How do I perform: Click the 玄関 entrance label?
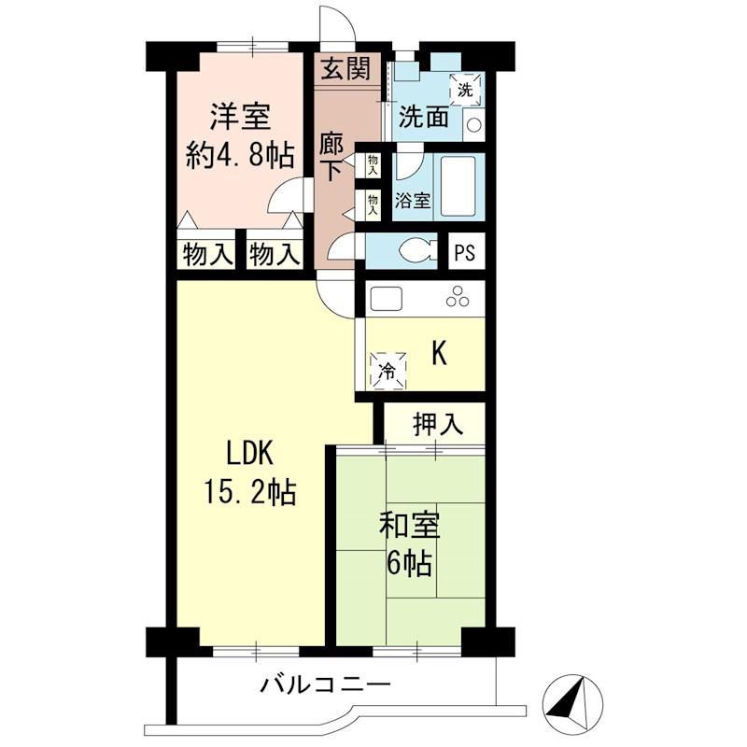click(345, 68)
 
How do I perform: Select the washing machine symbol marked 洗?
click(464, 89)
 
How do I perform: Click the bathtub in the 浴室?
click(458, 186)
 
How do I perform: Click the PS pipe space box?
click(464, 252)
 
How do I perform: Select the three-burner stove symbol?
click(458, 297)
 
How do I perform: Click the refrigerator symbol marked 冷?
click(388, 371)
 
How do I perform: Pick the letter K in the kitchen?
click(439, 354)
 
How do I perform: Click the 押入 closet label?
click(438, 424)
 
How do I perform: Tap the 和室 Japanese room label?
click(409, 525)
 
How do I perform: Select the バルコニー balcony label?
click(325, 685)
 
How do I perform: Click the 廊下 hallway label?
click(331, 157)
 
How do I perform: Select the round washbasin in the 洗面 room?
click(474, 125)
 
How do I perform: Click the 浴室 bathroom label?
click(413, 201)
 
